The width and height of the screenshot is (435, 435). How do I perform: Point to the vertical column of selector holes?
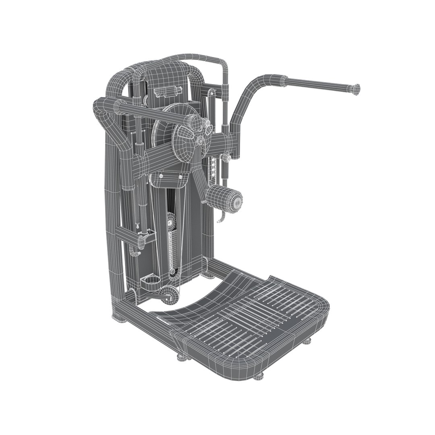coord(213,167)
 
